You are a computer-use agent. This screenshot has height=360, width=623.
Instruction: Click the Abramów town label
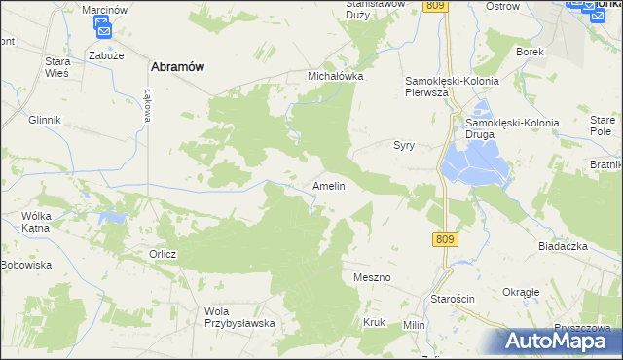[x=176, y=66]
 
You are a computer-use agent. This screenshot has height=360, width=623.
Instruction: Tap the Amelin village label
[x=328, y=185]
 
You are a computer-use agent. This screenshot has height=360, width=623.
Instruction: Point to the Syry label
[x=404, y=145]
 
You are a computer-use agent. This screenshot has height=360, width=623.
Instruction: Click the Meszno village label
[x=372, y=277]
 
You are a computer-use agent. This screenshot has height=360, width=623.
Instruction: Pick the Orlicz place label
[x=163, y=254]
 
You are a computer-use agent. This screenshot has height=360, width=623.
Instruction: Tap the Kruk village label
[x=374, y=322]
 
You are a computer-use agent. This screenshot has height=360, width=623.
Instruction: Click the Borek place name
[x=530, y=51]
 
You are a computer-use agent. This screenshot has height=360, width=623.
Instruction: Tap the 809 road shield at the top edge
[x=435, y=6]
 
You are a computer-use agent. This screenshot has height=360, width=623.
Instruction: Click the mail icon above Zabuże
[x=104, y=30]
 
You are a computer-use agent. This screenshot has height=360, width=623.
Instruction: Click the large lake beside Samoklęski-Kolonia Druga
[x=474, y=162]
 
